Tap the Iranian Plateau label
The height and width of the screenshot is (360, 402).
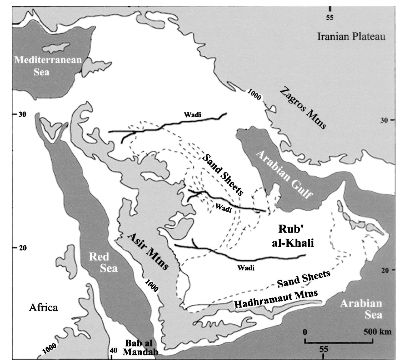351,37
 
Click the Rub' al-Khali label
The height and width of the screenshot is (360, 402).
292,236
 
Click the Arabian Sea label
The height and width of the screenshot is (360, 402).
361,309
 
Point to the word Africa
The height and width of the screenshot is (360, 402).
44,308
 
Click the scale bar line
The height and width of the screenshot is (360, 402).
339,342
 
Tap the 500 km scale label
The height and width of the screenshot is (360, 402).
377,332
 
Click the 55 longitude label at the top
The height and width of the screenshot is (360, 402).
330,17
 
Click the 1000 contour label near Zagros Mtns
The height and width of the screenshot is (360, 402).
254,95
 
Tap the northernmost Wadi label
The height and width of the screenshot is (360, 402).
192,115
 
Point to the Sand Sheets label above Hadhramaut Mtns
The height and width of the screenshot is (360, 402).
303,279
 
